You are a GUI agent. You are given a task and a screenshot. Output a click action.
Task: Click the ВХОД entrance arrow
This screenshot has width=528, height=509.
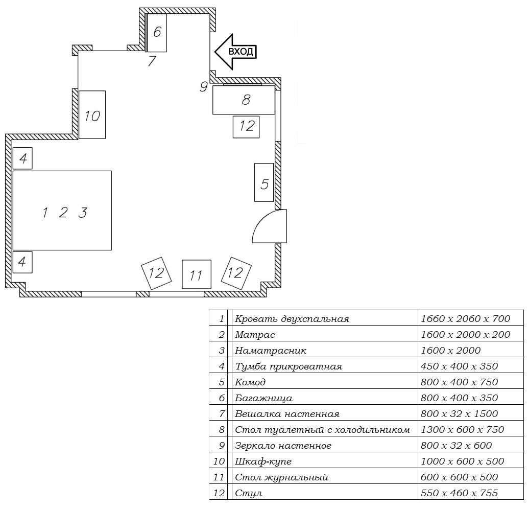pos(236,52)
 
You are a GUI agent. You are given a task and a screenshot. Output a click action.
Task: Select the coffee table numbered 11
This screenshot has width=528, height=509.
pos(197,274)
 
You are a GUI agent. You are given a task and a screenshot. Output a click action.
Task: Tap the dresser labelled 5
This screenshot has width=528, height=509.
pos(264,182)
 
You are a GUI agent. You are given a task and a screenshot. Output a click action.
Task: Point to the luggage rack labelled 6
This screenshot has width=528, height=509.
pos(157,33)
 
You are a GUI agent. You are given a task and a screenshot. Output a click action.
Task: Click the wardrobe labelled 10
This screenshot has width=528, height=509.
pos(92,114)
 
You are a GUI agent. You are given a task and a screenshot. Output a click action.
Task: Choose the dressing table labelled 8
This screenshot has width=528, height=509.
pos(244,100)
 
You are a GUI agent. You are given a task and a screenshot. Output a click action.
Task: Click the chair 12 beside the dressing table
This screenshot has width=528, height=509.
pos(246,127)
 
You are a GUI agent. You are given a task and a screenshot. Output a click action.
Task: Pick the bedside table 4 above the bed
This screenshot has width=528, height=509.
pos(22,158)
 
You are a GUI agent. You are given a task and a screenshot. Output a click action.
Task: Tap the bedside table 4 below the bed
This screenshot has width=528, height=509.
pos(22,262)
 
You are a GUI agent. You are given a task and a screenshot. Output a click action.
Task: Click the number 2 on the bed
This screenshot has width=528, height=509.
pos(63,213)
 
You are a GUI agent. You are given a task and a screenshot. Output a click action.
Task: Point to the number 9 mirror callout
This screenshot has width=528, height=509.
pos(203,87)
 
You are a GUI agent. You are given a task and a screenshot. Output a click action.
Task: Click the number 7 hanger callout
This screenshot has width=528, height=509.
pos(152,61)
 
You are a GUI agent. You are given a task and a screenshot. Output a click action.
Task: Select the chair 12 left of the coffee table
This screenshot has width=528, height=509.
pos(156,273)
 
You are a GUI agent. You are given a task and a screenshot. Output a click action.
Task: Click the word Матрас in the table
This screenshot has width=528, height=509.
pos(255,335)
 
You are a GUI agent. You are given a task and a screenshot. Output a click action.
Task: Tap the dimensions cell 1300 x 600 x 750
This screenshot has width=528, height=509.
pos(462,429)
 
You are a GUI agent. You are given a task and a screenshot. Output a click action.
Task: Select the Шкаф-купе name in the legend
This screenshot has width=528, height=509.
pos(263,461)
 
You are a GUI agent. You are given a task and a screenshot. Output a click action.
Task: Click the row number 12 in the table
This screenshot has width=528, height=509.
pos(219,493)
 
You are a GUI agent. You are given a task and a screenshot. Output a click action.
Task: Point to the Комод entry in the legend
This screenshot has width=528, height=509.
pos(250,382)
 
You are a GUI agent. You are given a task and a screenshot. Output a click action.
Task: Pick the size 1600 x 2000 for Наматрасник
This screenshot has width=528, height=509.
pos(450,351)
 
